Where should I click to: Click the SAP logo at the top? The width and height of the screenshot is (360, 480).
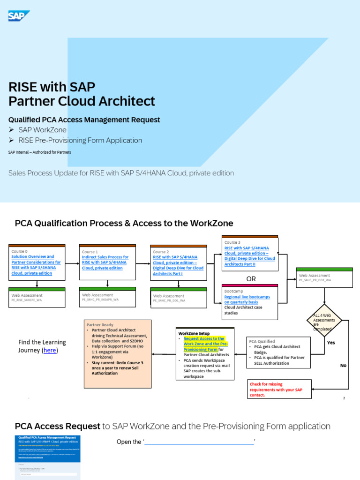[x=19, y=16]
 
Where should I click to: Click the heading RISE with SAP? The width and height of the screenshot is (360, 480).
[x=52, y=87]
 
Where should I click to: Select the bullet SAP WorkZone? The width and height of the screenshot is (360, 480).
[x=42, y=130]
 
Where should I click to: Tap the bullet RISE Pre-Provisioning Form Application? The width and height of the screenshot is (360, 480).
[x=80, y=140]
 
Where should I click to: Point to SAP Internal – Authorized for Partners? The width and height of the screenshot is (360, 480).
[x=39, y=152]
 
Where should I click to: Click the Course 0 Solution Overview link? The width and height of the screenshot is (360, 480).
[x=36, y=265]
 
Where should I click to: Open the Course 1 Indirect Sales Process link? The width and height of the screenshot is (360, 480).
[x=105, y=262]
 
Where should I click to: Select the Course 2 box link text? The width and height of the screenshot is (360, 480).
[x=178, y=265]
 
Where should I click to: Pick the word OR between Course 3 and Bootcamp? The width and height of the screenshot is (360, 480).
[x=251, y=279]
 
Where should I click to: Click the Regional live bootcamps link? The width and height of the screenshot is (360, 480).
[x=247, y=300]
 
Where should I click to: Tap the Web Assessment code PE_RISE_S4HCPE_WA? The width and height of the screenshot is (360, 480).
[x=27, y=300]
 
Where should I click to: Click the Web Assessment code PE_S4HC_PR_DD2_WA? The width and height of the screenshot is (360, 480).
[x=315, y=280]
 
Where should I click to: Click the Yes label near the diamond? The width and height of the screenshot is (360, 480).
[x=331, y=343]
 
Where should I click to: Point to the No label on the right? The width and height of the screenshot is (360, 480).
[x=343, y=365]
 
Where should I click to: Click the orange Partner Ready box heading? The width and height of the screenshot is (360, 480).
[x=100, y=324]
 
